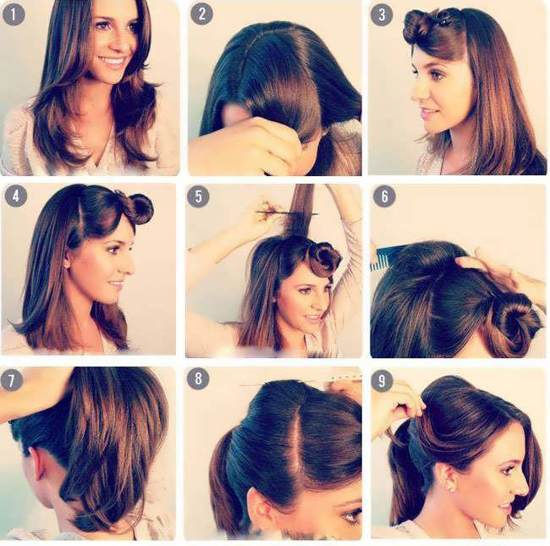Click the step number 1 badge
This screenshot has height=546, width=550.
(x=14, y=14)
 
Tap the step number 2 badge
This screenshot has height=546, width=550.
(x=201, y=14)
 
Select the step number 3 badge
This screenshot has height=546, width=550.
(x=382, y=14)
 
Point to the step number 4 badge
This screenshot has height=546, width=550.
(x=16, y=196)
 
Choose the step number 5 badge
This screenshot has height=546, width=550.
(x=198, y=196)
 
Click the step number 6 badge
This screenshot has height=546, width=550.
(x=384, y=196)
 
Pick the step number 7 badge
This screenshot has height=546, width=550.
(x=11, y=380)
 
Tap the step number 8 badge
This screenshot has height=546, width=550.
(x=198, y=378)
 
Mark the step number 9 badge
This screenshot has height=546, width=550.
(x=382, y=380)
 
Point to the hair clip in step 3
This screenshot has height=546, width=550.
(x=446, y=21)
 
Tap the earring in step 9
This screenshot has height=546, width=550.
(x=451, y=488)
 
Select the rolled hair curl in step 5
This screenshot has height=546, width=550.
(x=323, y=260)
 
